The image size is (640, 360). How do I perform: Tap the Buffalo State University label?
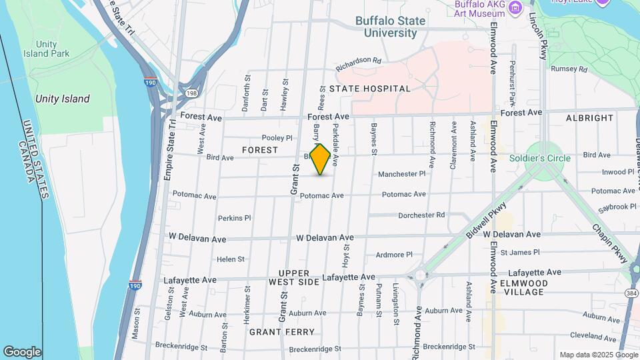point(390,27)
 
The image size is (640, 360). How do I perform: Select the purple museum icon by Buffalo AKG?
point(514,8)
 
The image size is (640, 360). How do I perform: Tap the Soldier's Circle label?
point(540,158)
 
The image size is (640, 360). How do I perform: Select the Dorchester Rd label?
point(421,215)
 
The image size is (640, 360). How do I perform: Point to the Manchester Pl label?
point(401,174)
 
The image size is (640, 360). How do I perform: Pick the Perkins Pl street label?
point(234,218)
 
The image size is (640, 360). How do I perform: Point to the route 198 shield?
point(192,93)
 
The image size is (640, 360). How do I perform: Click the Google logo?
point(22,351)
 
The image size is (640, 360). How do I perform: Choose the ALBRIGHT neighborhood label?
point(589,118)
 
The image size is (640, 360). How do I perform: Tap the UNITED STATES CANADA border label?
point(35,160)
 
